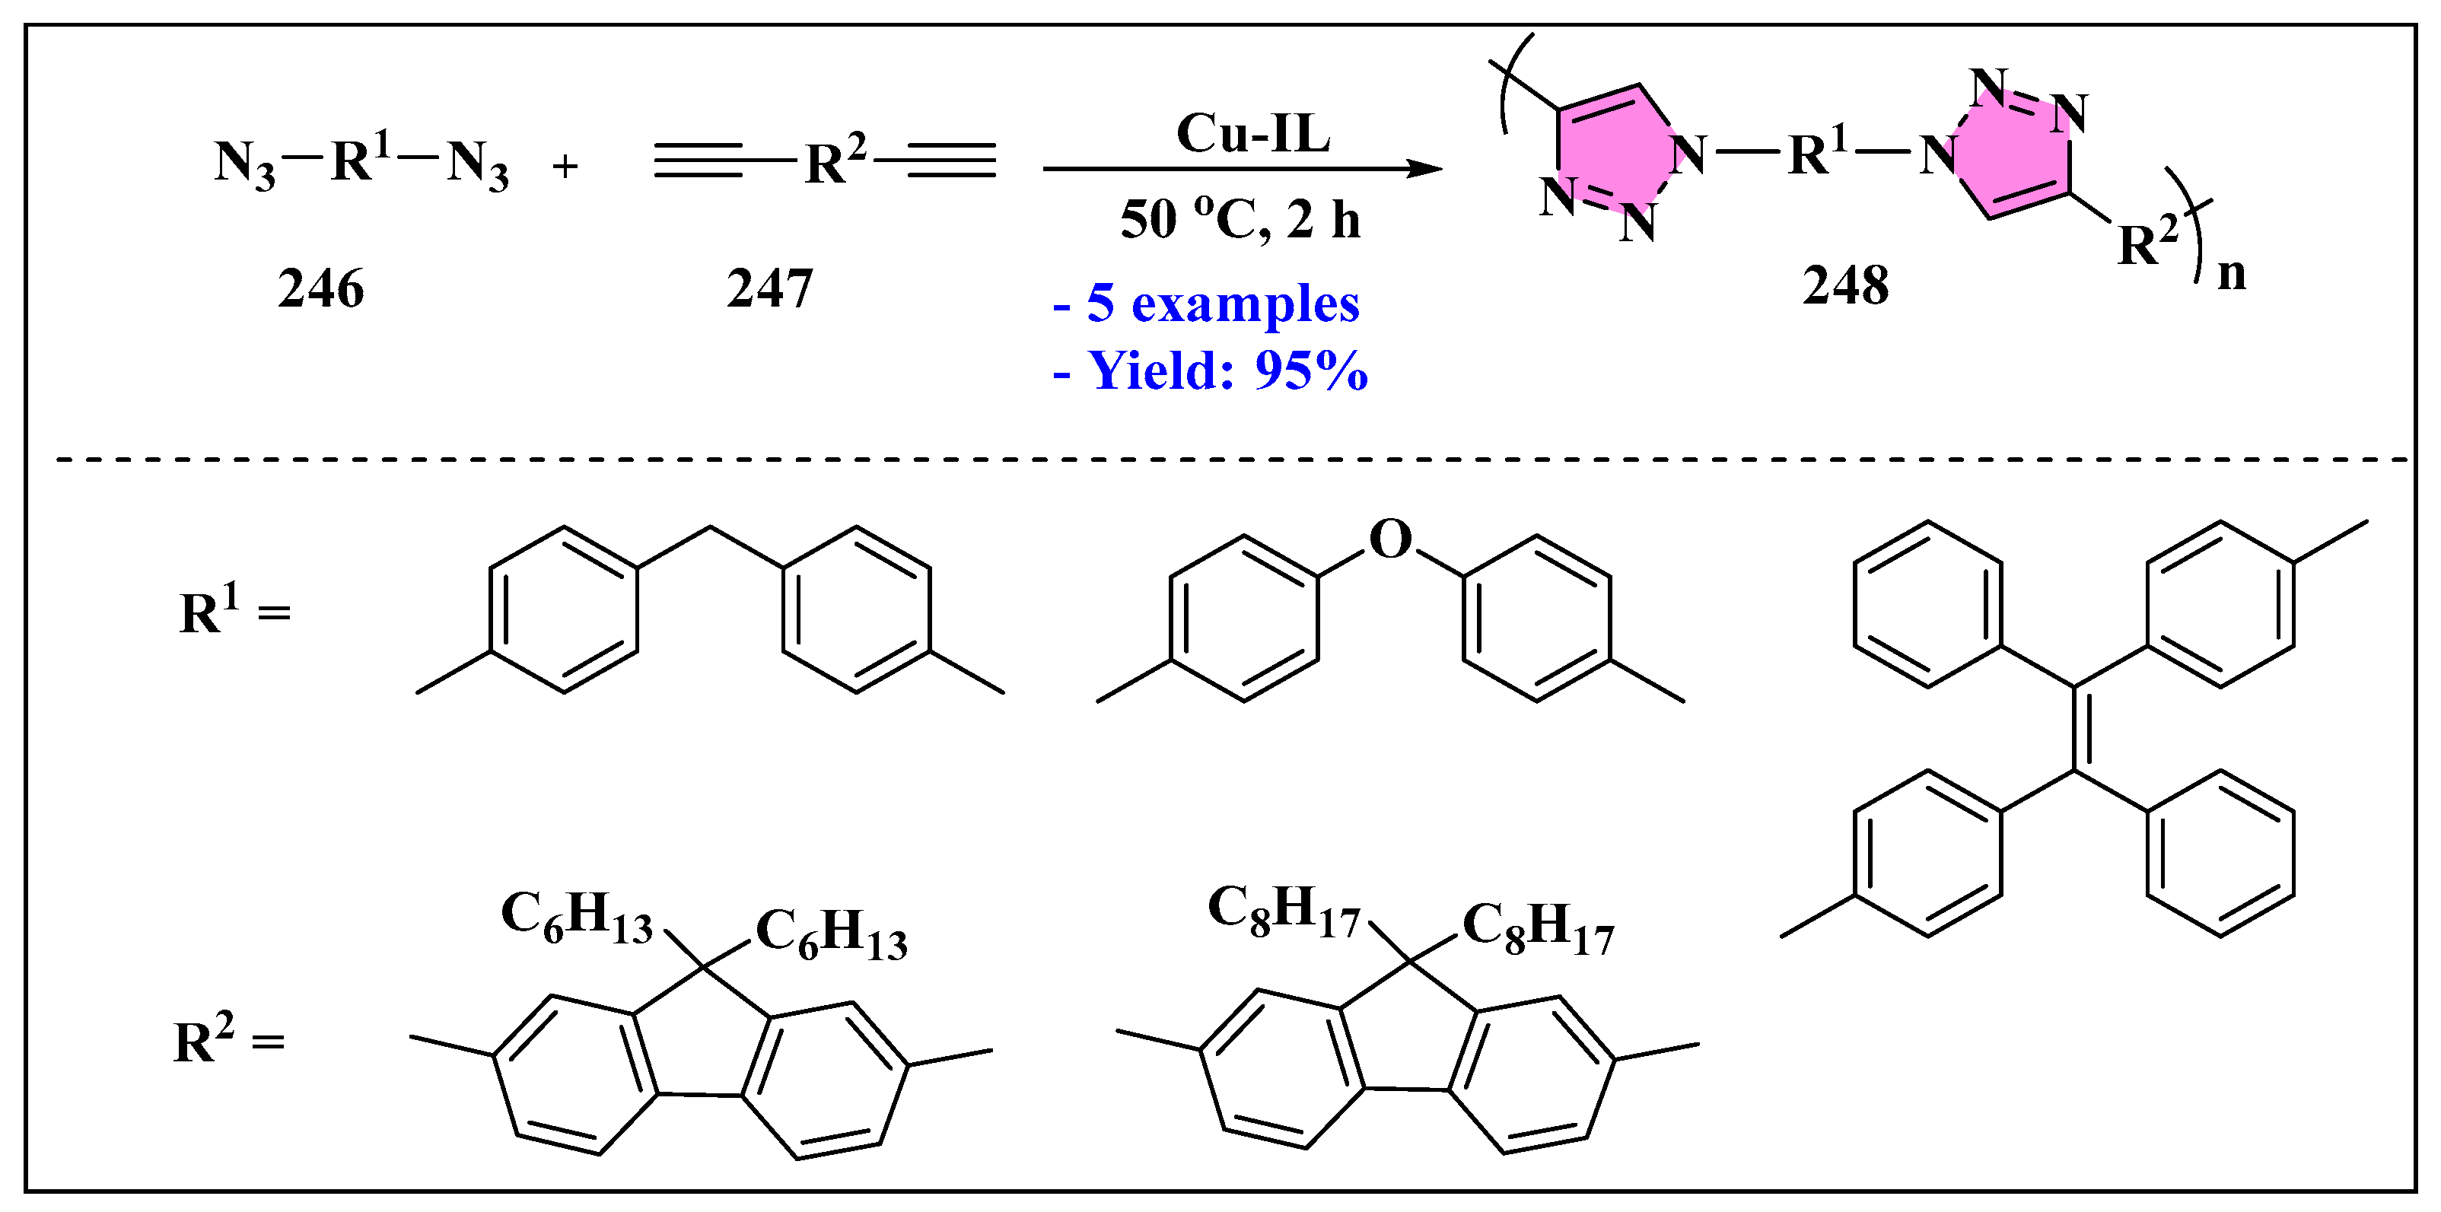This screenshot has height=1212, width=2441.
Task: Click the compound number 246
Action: point(320,288)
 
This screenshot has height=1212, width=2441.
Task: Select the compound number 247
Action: point(769,288)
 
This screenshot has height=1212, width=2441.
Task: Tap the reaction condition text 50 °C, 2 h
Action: point(1240,220)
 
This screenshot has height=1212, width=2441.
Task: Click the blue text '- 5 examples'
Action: point(1208,304)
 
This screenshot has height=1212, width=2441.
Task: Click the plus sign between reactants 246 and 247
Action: point(565,167)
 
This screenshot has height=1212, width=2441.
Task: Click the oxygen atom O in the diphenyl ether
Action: point(1390,539)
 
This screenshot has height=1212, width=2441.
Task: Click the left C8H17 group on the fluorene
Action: point(1283,911)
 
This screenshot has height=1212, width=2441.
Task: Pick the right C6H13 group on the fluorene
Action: point(831,934)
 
